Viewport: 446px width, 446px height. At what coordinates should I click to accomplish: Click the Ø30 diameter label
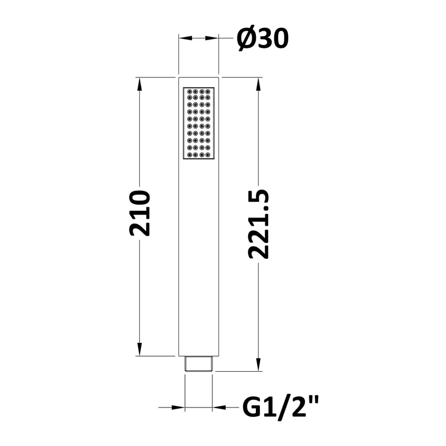pyautogui.click(x=263, y=39)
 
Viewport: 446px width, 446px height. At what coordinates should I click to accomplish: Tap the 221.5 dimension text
pyautogui.click(x=258, y=224)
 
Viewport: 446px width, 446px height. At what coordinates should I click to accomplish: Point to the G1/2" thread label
pyautogui.click(x=280, y=407)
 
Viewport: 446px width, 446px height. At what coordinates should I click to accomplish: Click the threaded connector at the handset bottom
pyautogui.click(x=198, y=363)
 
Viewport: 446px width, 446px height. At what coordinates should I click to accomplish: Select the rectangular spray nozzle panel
pyautogui.click(x=198, y=123)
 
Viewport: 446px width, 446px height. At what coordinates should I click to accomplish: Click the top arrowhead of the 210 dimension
pyautogui.click(x=139, y=85)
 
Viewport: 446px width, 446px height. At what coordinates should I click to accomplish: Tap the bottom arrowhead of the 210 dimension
pyautogui.click(x=139, y=349)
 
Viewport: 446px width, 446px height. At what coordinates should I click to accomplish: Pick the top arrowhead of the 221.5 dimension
pyautogui.click(x=258, y=85)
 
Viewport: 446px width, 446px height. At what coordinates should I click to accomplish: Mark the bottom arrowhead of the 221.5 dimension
pyautogui.click(x=258, y=365)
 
